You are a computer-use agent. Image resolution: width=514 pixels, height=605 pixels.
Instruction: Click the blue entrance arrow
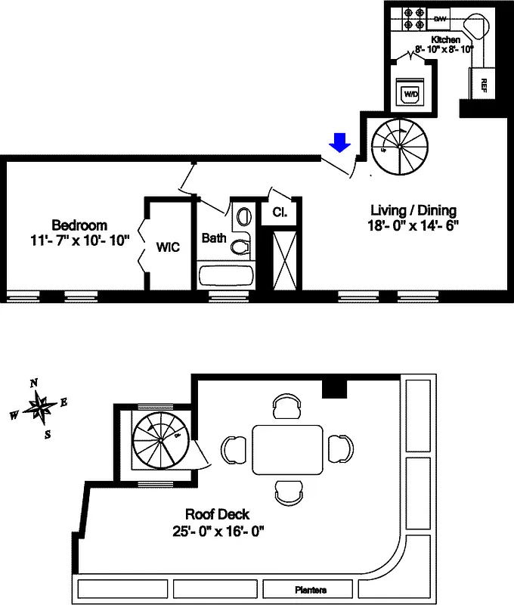tap(340, 142)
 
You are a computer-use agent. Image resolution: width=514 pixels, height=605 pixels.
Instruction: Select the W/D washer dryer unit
tap(410, 94)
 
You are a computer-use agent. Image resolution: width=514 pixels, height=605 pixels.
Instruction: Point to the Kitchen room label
tap(446, 39)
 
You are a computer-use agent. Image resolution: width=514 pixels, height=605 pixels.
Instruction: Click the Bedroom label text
tap(79, 225)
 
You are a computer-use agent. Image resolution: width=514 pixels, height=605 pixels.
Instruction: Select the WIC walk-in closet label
tap(168, 247)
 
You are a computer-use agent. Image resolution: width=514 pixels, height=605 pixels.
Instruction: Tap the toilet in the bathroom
tap(241, 245)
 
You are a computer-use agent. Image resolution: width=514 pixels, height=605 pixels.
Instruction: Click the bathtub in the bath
tap(225, 274)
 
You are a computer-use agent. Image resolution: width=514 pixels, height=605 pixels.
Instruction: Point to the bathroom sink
tap(243, 216)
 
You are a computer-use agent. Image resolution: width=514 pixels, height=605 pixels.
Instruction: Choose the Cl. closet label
tap(279, 213)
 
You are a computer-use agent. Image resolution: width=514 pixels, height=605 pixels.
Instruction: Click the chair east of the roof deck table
tap(339, 448)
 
